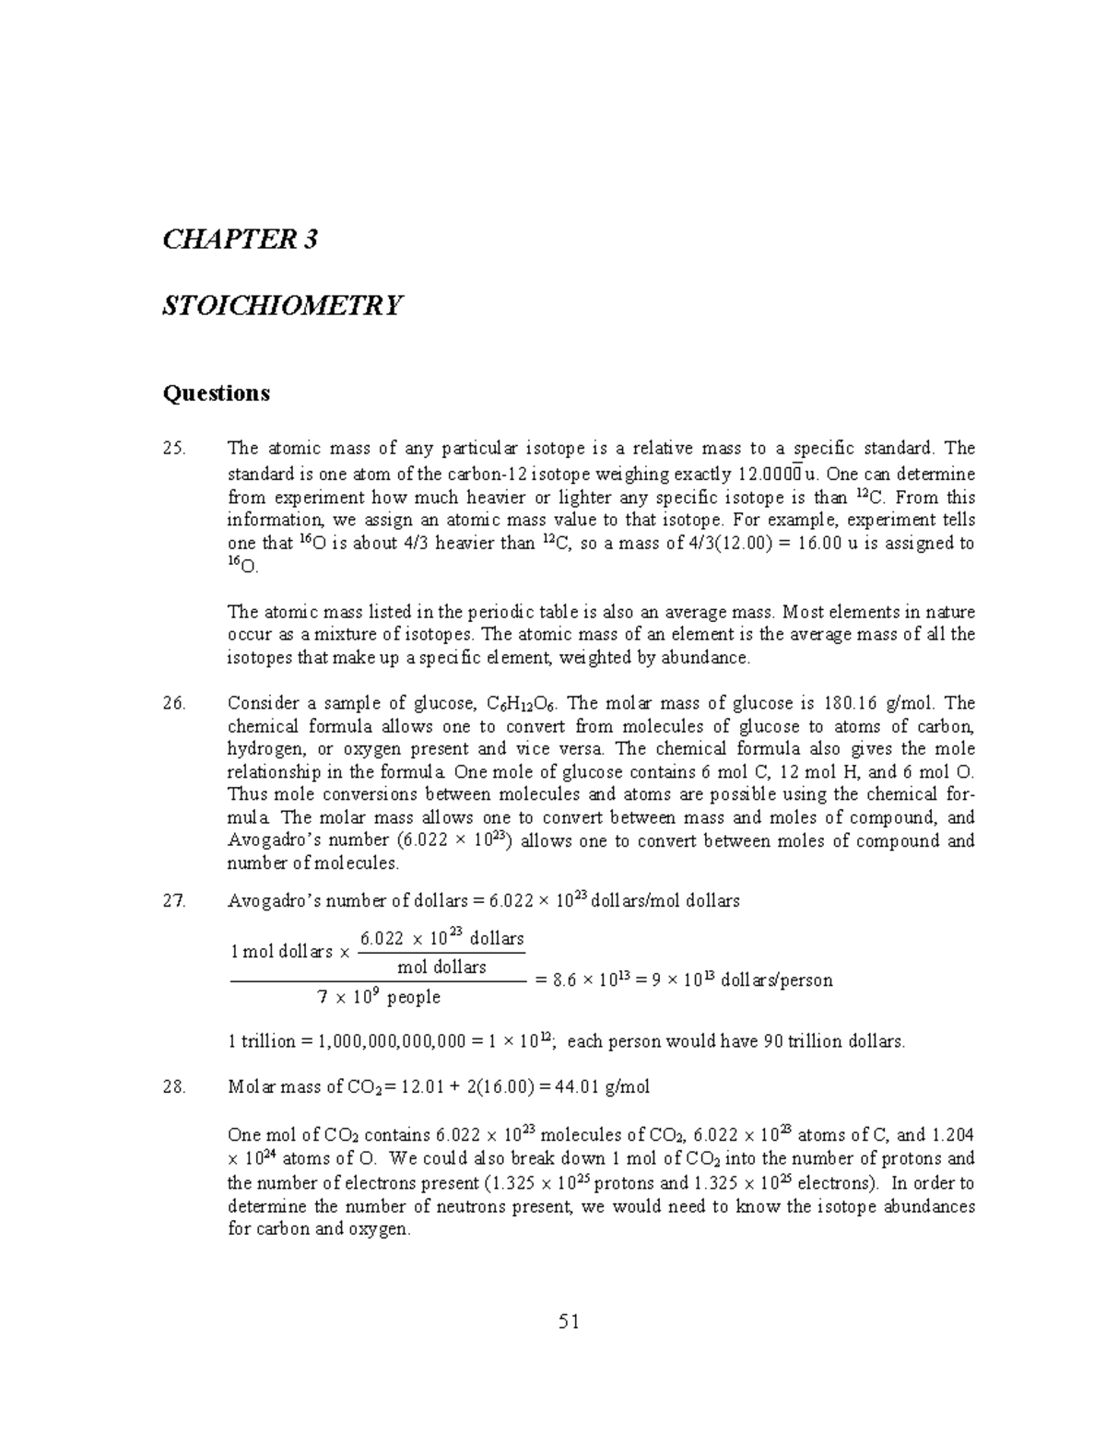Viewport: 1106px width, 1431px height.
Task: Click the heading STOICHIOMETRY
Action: pos(282,305)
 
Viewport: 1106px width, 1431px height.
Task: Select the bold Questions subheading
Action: pos(216,393)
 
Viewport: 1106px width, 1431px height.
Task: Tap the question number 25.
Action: pos(173,449)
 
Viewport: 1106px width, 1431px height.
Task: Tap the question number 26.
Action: pos(173,704)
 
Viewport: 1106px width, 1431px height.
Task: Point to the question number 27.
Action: pos(173,901)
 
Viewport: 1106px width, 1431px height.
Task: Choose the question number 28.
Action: pos(173,1087)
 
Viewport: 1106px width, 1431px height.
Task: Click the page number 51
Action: pos(569,1322)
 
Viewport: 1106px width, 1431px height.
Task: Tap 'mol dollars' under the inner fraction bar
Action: pos(441,968)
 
